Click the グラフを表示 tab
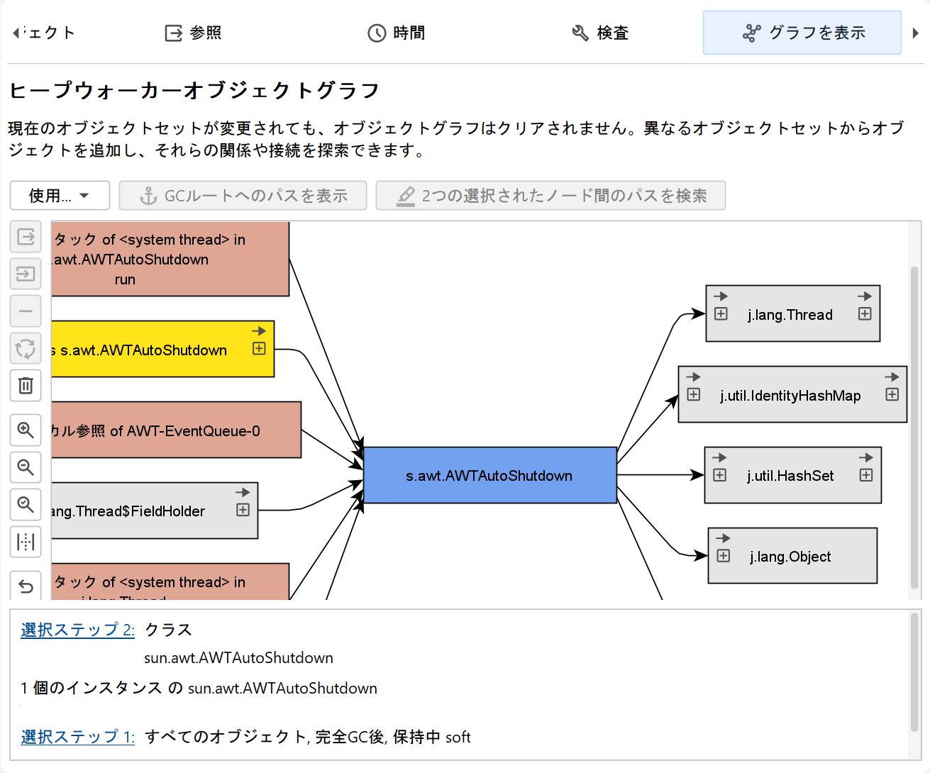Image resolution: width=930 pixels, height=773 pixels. coord(802,33)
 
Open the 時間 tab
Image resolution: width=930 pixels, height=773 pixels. coord(397,33)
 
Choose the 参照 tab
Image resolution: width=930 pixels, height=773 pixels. coord(194,33)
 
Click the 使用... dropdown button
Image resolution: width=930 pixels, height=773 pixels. coord(60,196)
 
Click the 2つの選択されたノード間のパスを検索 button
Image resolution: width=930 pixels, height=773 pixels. coord(550,196)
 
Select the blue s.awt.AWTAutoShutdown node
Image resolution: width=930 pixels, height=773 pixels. coord(489,475)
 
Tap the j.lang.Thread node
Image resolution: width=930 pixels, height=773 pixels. coord(790,315)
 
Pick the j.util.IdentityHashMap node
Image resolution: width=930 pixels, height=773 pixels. coord(790,396)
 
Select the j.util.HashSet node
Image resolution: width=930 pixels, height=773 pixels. coord(790,476)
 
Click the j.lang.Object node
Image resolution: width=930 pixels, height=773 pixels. coord(790,557)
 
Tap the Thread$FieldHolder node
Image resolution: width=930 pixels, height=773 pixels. coord(142,511)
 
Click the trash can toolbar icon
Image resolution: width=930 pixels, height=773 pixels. coord(26,385)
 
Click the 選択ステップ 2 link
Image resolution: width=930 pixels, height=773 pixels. coord(77,630)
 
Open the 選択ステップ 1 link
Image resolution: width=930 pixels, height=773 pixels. coord(77,737)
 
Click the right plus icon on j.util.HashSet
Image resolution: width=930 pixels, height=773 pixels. coord(866,475)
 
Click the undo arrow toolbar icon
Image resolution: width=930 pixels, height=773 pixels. coord(26,586)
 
